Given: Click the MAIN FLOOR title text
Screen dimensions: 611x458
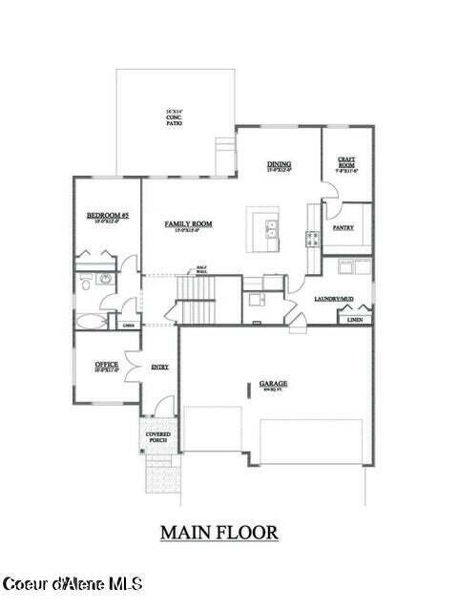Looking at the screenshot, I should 219,532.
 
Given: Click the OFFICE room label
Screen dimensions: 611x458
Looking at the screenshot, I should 107,367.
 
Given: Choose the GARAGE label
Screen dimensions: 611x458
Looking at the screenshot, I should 274,385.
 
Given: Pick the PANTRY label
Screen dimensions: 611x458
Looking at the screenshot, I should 343,229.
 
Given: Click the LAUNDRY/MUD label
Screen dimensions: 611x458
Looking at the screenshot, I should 334,300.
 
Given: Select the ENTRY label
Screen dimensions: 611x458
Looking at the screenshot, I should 159,366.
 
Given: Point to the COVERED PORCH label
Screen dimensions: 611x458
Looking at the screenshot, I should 157,438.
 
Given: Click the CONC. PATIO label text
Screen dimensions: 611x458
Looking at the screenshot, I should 174,119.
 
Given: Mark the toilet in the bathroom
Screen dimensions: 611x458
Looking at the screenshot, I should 85,283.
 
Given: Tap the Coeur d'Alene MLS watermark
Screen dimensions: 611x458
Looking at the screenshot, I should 73,582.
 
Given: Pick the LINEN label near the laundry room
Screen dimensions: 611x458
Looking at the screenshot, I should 355,319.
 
